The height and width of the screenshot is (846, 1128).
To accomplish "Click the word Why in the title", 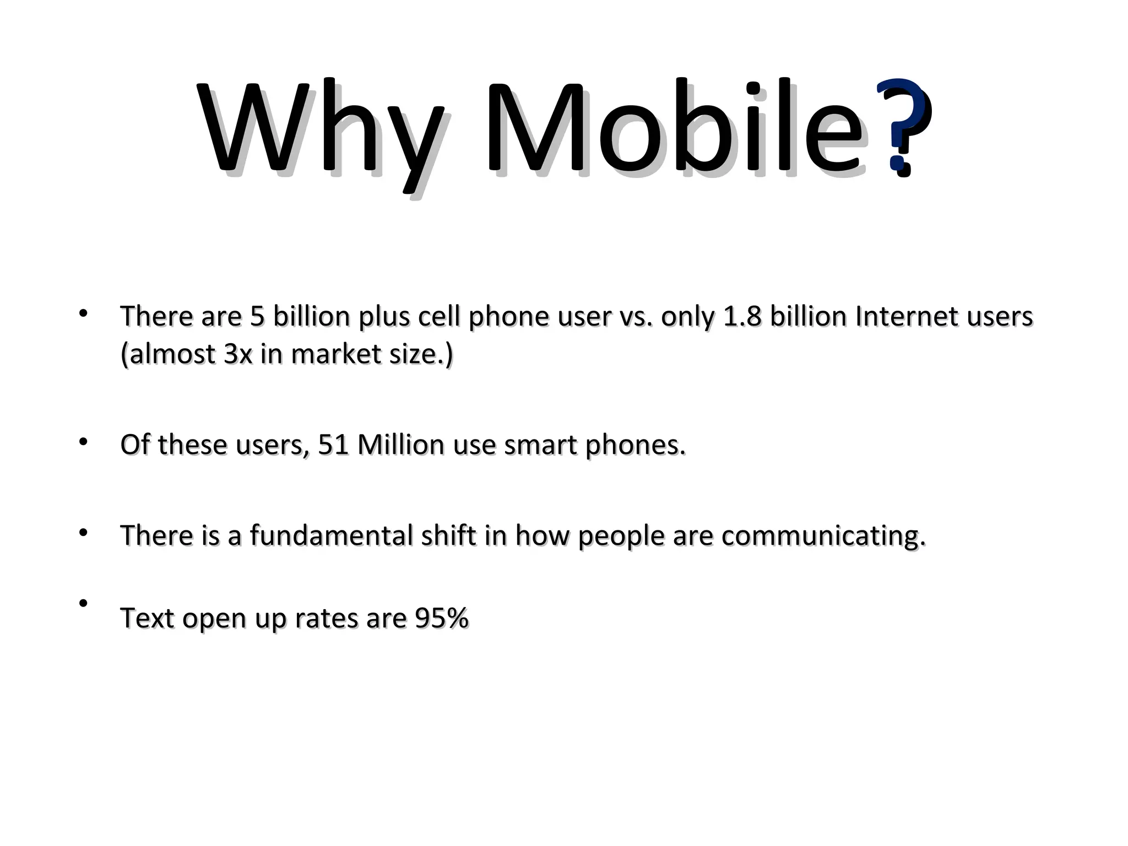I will click(319, 129).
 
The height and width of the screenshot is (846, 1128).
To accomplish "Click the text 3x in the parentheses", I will click(238, 354).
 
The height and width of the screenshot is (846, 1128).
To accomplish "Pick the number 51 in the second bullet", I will click(334, 445).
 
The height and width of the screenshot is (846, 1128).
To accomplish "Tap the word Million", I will click(400, 445).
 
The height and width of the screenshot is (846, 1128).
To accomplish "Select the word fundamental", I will click(331, 535).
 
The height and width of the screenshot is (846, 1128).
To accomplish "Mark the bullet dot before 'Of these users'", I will click(83, 442).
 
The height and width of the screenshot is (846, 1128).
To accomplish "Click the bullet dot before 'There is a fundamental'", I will click(83, 533).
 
